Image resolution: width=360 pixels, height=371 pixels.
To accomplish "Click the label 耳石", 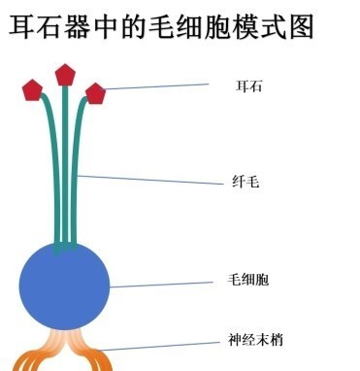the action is (x=249, y=85).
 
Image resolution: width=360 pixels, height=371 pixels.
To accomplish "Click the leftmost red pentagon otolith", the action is (x=34, y=90).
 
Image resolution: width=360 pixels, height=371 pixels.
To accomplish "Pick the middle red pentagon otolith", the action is (x=65, y=75).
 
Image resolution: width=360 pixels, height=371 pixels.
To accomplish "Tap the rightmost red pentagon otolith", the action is (x=95, y=93).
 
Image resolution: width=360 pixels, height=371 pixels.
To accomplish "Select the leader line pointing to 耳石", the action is (x=155, y=86).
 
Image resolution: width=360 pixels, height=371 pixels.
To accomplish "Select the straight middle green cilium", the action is (x=65, y=165).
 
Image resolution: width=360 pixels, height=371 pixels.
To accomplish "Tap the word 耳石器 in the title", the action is (x=49, y=26).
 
